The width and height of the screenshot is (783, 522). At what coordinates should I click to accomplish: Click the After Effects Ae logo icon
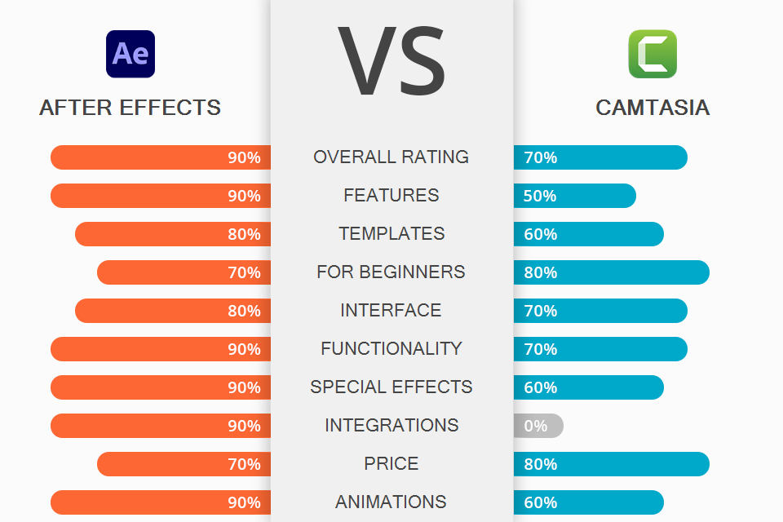(x=130, y=54)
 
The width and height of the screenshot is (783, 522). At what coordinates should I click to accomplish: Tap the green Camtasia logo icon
(x=652, y=54)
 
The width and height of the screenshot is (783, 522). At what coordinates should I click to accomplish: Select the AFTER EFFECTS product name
(x=130, y=108)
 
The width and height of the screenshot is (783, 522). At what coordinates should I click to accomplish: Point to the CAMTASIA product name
(x=652, y=108)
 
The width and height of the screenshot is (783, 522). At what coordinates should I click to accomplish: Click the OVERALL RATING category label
(x=391, y=157)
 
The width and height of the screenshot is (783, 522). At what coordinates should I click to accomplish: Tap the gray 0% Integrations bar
(x=538, y=426)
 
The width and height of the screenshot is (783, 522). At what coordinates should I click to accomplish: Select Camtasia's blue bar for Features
(x=575, y=196)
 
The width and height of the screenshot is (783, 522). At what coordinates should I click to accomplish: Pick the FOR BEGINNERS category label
(x=391, y=272)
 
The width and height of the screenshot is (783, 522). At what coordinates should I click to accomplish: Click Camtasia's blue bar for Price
(x=612, y=464)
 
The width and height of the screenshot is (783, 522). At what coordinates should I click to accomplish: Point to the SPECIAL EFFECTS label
(x=391, y=387)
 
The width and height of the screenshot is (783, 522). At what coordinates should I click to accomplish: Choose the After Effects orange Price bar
(x=184, y=464)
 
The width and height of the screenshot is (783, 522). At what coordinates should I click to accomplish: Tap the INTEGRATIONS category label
(x=391, y=425)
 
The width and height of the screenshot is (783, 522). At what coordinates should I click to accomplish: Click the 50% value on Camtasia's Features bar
(x=540, y=196)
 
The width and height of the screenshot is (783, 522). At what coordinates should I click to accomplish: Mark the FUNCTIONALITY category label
(x=391, y=348)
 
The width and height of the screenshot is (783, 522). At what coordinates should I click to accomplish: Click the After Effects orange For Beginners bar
(x=184, y=272)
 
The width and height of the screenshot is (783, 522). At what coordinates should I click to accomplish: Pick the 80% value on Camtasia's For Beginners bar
(x=540, y=272)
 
